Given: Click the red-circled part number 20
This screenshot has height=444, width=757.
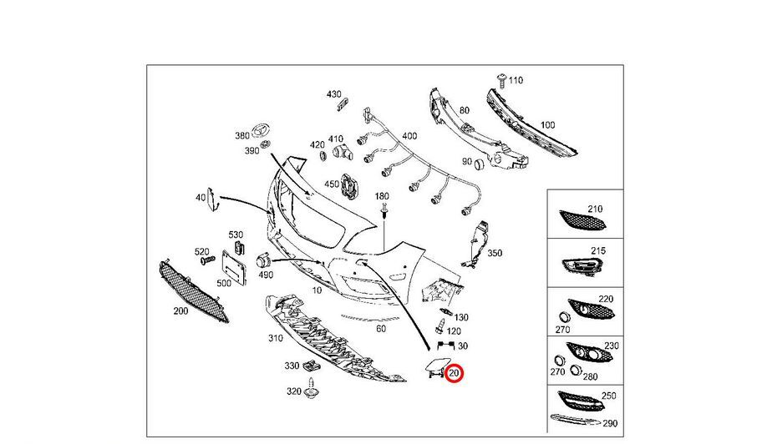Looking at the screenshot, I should [455, 374].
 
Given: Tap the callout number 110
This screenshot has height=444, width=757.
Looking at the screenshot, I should [515, 80].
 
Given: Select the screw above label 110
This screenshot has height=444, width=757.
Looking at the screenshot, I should [500, 79].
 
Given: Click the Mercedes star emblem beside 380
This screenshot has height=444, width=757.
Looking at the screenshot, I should [261, 133].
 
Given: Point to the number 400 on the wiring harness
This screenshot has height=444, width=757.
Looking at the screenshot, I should [409, 136].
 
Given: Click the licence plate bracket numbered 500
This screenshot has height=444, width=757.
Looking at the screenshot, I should [231, 266].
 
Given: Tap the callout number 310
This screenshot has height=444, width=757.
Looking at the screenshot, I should [275, 339].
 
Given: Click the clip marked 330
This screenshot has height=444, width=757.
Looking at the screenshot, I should [312, 366].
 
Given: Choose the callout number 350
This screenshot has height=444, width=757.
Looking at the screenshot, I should [495, 252].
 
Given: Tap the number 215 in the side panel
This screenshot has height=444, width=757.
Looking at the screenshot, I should [597, 250].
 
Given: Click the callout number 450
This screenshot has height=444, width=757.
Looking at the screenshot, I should [332, 184].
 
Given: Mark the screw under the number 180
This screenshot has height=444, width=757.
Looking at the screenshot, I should [384, 214].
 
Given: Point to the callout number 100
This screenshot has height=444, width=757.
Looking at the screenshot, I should [546, 125].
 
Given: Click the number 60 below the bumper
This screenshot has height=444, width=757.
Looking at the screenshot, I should [381, 330].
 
